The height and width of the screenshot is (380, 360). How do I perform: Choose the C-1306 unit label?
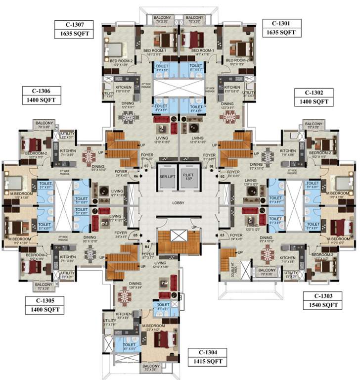tap(39, 91)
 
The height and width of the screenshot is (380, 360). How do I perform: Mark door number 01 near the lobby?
tap(211, 167)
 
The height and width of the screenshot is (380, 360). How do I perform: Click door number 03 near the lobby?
tap(222, 235)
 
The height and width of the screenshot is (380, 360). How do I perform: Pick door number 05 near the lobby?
tap(135, 236)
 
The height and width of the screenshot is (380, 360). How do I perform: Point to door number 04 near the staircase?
tap(146, 246)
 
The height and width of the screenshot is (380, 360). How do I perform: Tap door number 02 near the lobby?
tap(222, 176)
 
